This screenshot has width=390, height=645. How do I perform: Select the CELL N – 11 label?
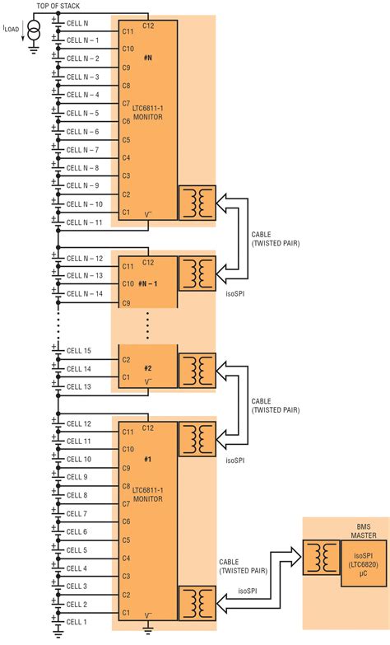click(84, 222)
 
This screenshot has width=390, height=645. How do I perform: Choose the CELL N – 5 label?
click(82, 114)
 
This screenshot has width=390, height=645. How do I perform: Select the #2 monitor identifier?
click(148, 369)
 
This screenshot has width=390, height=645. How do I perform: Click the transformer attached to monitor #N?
click(197, 203)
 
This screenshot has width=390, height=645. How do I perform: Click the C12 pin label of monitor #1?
click(148, 428)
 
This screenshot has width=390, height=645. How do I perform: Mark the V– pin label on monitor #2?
click(148, 382)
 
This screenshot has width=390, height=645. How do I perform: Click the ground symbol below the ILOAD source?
click(33, 48)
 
